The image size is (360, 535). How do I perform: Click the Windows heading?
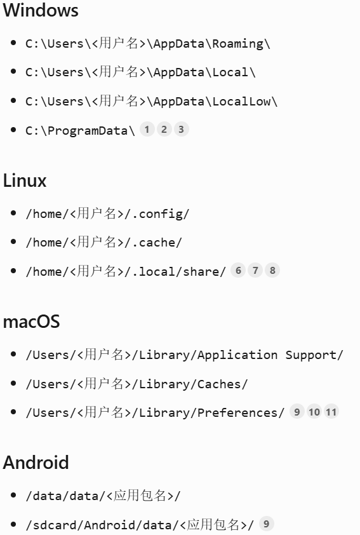(41, 10)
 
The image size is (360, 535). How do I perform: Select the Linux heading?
(25, 180)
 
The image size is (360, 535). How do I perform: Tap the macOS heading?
(31, 322)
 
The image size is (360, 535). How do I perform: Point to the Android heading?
(36, 463)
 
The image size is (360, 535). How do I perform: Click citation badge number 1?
(147, 130)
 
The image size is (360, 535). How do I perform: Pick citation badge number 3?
(182, 130)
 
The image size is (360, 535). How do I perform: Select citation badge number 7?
(255, 271)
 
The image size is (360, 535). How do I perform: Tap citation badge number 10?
(314, 412)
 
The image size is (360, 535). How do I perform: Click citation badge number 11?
(331, 412)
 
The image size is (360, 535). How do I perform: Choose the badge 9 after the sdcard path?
(266, 524)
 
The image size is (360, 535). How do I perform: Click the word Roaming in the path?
(238, 44)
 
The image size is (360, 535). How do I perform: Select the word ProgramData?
(87, 131)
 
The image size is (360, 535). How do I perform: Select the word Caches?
(219, 384)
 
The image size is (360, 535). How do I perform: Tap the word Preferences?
(237, 413)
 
